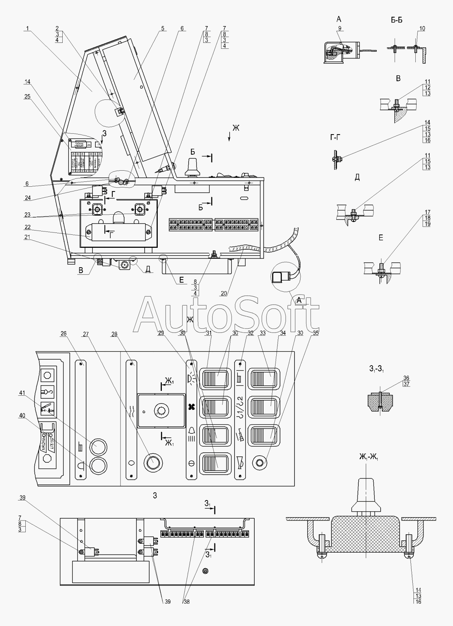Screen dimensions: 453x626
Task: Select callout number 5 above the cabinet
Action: [163, 29]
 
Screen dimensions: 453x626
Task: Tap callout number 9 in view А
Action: [339, 29]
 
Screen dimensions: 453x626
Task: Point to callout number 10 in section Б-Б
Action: [422, 29]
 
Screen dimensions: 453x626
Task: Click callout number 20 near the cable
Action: [224, 294]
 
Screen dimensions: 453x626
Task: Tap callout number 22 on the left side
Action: [28, 227]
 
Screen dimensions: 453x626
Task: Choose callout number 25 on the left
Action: [28, 97]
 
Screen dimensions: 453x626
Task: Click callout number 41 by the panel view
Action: [22, 393]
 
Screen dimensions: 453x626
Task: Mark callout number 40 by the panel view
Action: [22, 416]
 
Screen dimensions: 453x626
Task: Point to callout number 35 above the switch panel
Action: [316, 333]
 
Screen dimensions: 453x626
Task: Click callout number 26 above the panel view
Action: [63, 333]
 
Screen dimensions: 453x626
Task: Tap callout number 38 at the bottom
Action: [186, 601]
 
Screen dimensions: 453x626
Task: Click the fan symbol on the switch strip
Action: [192, 406]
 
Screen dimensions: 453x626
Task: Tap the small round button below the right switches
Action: [259, 463]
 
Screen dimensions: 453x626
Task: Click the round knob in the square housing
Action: [161, 411]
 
